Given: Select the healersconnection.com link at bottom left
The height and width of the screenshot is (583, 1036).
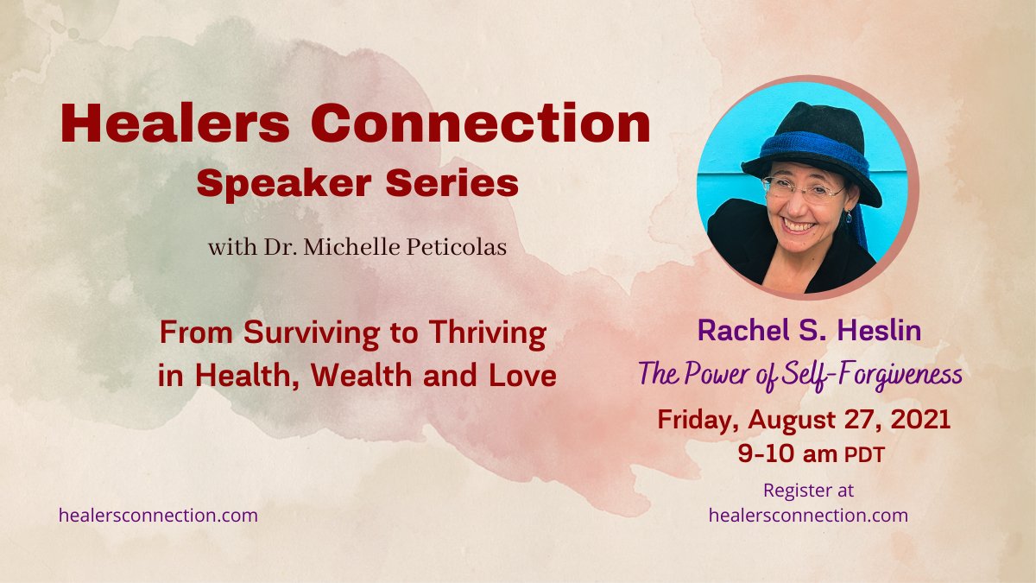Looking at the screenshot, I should point(158,516).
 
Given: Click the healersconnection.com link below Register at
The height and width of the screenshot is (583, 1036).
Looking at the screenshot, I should point(808,516).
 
